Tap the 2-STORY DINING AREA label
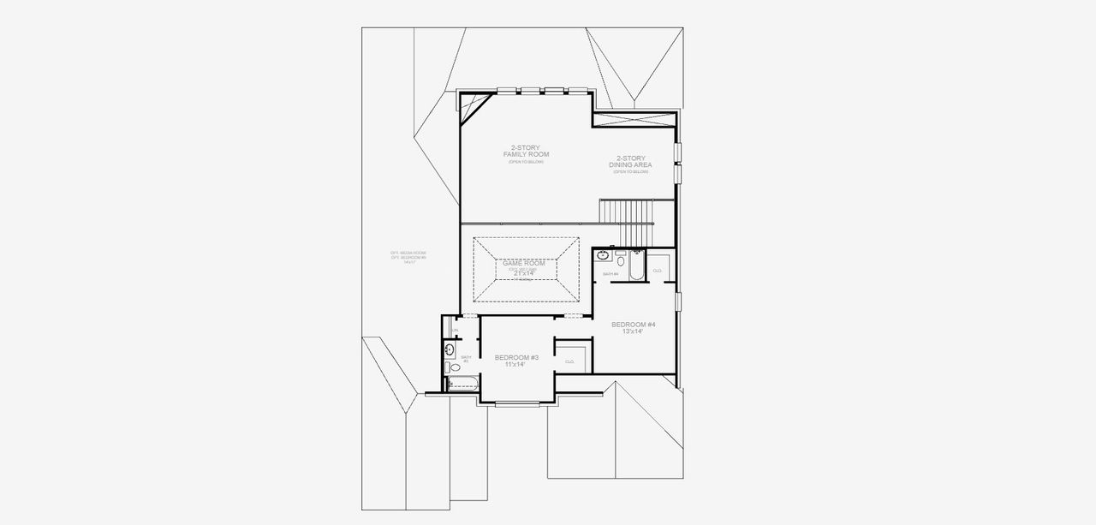pos(631,161)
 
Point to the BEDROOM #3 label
pos(516,356)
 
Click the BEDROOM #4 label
pos(633,325)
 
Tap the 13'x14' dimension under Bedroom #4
pos(633,331)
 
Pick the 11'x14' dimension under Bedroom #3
pos(515,365)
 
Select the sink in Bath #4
pos(603,254)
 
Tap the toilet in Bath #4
pos(620,254)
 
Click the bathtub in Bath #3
pos(462,382)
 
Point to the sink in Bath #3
pos(450,349)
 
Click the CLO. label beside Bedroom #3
pos(569,361)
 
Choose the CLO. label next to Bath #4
pos(658,271)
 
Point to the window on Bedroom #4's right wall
pos(678,302)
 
